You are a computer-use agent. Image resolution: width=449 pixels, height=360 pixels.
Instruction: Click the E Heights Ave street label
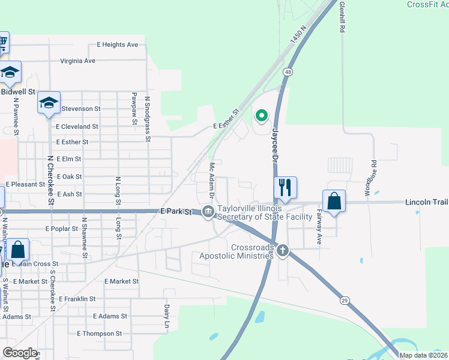click(x=117, y=44)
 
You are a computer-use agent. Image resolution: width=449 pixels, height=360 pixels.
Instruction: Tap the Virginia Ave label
click(x=77, y=61)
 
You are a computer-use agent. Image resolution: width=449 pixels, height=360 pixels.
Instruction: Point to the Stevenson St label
click(x=80, y=109)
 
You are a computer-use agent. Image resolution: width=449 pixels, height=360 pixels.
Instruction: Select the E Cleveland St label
click(x=77, y=127)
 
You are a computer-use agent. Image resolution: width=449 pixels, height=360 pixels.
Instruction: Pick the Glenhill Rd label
click(x=342, y=16)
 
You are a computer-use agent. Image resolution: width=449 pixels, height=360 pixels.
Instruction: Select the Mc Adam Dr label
click(x=212, y=179)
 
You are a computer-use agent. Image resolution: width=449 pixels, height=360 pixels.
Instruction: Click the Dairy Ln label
click(x=167, y=317)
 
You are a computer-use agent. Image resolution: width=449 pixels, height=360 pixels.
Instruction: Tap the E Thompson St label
click(x=100, y=334)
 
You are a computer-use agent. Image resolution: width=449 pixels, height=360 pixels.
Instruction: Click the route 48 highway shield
click(x=289, y=72)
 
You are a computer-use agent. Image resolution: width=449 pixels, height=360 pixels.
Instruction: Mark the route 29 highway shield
click(x=344, y=300)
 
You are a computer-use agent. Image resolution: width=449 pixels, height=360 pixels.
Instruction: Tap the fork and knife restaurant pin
click(x=285, y=187)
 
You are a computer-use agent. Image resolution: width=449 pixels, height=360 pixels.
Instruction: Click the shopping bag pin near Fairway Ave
click(x=334, y=202)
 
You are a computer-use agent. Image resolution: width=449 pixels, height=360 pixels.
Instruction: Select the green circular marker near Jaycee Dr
click(x=261, y=116)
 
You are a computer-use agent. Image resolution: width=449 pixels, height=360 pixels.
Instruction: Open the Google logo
click(x=20, y=353)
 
